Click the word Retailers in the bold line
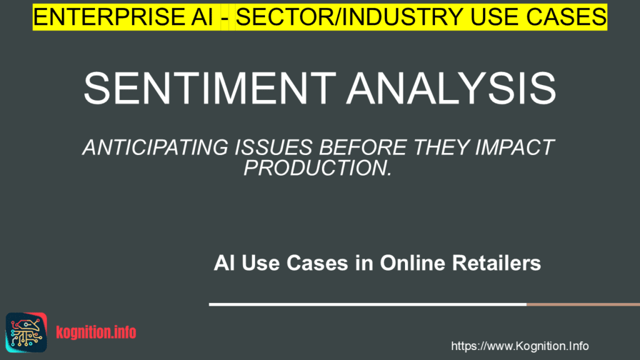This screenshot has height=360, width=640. pyautogui.click(x=501, y=264)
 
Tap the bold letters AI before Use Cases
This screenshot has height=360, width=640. pyautogui.click(x=223, y=264)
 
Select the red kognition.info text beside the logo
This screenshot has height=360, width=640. pyautogui.click(x=96, y=332)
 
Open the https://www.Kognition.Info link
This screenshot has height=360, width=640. pyautogui.click(x=520, y=346)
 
